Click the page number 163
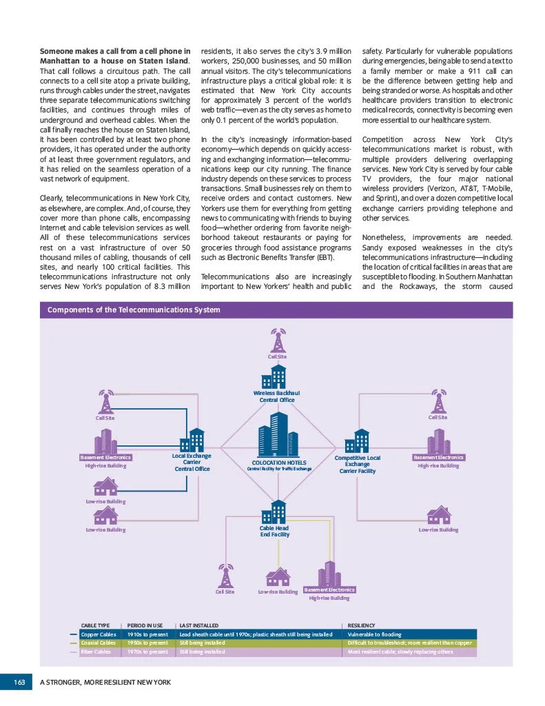pyautogui.click(x=19, y=682)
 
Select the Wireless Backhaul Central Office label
pyautogui.click(x=277, y=396)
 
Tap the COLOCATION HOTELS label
pyautogui.click(x=279, y=463)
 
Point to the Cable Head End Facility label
pyautogui.click(x=275, y=531)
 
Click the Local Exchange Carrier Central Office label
pyautogui.click(x=192, y=462)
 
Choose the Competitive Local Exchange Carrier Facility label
pyautogui.click(x=358, y=464)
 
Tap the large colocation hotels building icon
pyautogui.click(x=275, y=435)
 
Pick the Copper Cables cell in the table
pyautogui.click(x=99, y=634)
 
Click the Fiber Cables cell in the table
pyautogui.click(x=96, y=652)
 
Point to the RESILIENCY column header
pyautogui.click(x=362, y=625)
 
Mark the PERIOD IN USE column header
pyautogui.click(x=145, y=625)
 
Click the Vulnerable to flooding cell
pyautogui.click(x=375, y=634)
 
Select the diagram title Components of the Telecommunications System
pyautogui.click(x=134, y=310)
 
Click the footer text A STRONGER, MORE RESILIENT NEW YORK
pyautogui.click(x=105, y=682)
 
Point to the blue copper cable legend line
pyautogui.click(x=74, y=634)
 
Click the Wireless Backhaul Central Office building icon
pyautogui.click(x=277, y=376)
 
